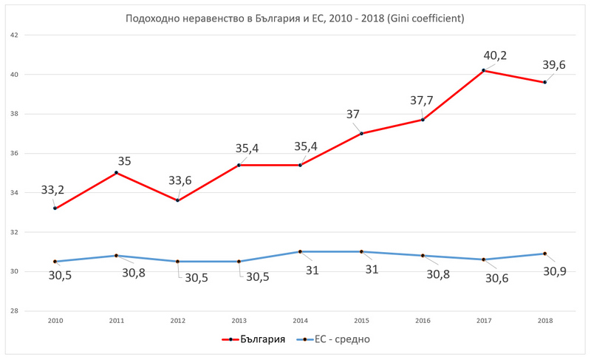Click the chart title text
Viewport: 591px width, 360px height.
coord(295,18)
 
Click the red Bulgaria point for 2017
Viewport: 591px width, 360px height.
coord(484,70)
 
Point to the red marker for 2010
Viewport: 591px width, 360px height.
coord(55,208)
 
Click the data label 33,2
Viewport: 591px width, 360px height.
coord(52,190)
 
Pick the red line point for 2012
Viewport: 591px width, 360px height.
coord(177,200)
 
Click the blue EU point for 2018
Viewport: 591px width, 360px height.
coord(545,254)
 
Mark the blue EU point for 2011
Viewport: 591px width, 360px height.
coord(116,256)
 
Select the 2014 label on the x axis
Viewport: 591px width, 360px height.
coord(300,321)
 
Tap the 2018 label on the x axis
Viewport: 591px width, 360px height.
coord(545,321)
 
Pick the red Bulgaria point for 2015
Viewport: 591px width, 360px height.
coord(361,133)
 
